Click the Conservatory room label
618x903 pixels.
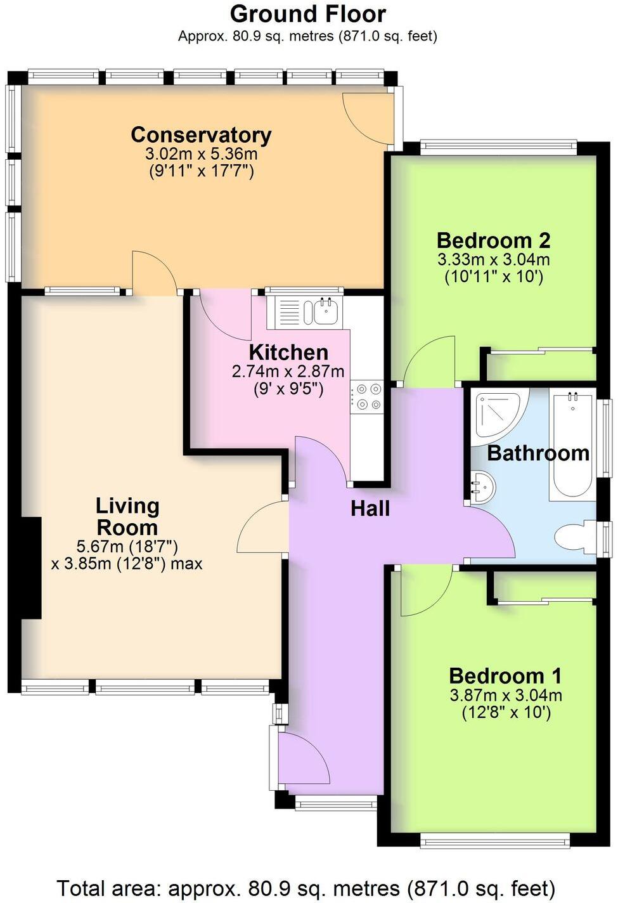201,135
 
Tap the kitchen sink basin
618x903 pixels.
324,312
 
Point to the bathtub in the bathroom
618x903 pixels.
572,444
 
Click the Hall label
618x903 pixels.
370,509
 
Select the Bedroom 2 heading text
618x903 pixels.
493,240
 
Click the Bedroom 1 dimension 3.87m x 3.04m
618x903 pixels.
506,695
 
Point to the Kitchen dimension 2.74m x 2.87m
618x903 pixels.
288,372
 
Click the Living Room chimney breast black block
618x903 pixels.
31,568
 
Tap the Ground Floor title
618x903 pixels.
307,13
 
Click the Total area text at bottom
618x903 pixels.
306,888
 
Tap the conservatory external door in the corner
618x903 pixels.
368,117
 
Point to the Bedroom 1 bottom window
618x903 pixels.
494,841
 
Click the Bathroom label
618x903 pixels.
538,453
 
